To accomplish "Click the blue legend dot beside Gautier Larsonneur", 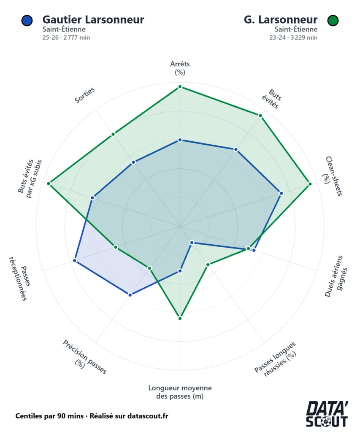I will [x=26, y=20].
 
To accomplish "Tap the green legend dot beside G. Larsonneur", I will [x=333, y=20].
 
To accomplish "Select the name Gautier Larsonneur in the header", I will [x=93, y=19].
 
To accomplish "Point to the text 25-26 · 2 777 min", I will [x=66, y=38].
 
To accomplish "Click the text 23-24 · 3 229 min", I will [x=293, y=38].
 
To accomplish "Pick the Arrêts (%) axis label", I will [x=180, y=68].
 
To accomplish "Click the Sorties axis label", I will [x=84, y=95].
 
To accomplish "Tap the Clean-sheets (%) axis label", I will [x=333, y=176].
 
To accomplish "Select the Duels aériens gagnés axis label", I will [x=335, y=276].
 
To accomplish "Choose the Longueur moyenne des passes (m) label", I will [x=180, y=392].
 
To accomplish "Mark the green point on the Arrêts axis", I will [x=180, y=86].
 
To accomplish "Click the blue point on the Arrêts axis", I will [x=180, y=140].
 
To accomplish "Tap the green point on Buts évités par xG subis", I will [x=49, y=184].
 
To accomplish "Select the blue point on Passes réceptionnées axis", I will [x=75, y=261].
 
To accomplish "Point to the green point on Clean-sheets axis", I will [x=310, y=184].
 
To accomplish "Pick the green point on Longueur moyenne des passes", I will [x=180, y=318].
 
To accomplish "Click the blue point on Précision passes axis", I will [x=130, y=295].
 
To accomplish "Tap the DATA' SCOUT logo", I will [x=327, y=414].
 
